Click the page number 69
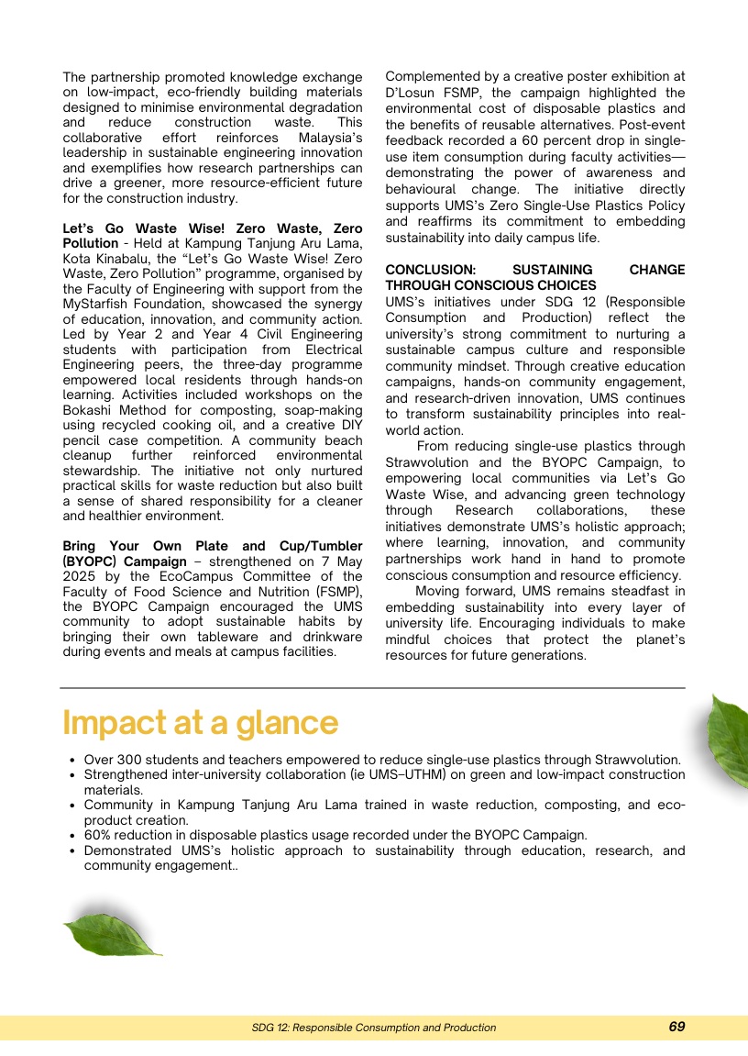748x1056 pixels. click(x=676, y=1027)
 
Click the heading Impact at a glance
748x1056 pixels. click(x=200, y=723)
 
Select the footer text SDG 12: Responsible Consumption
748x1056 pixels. click(x=374, y=1028)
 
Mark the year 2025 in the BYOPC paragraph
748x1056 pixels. click(x=81, y=576)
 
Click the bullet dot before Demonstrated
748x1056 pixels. click(x=72, y=850)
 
